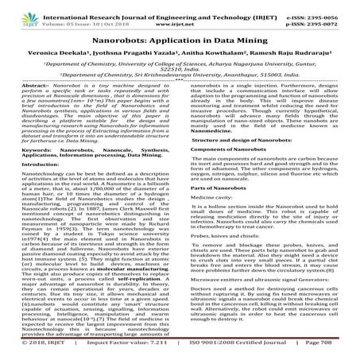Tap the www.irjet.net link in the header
coord(180,15)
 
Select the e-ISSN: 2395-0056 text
coord(322,6)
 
